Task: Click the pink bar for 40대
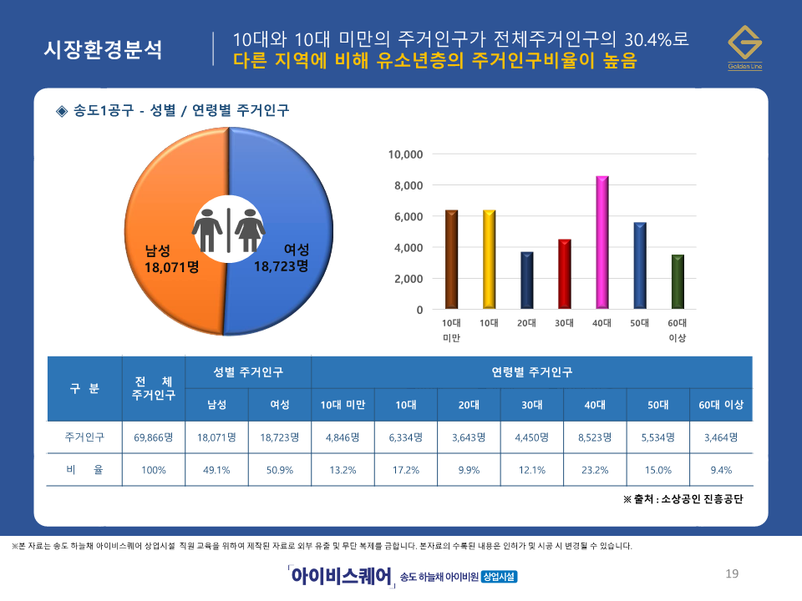[601, 242]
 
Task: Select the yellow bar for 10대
[489, 259]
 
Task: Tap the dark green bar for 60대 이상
[678, 281]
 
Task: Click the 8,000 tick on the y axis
[408, 185]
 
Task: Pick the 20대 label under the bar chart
[526, 322]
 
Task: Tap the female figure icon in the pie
[248, 230]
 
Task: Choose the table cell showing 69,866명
[153, 437]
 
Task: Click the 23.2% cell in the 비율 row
[595, 470]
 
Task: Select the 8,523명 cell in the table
[595, 437]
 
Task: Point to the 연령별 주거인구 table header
[531, 371]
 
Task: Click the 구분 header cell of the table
[84, 388]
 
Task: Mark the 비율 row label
[84, 470]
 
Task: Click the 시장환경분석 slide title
[104, 50]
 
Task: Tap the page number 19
[732, 573]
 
